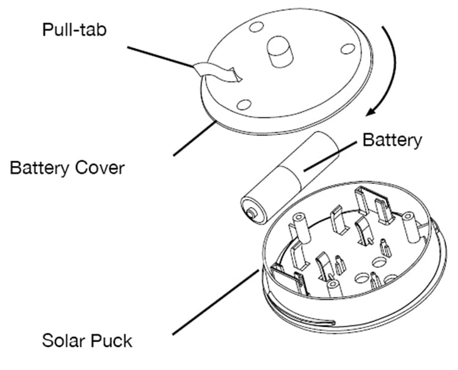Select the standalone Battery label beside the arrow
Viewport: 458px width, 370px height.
[392, 140]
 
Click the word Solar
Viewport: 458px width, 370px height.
[66, 340]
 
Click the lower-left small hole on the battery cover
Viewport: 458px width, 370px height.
[243, 104]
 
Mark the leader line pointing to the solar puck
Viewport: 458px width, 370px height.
[214, 302]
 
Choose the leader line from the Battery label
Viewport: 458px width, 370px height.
[330, 156]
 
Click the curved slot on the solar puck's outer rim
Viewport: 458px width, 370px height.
[305, 317]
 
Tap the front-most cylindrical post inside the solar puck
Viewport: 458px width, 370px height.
[333, 287]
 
